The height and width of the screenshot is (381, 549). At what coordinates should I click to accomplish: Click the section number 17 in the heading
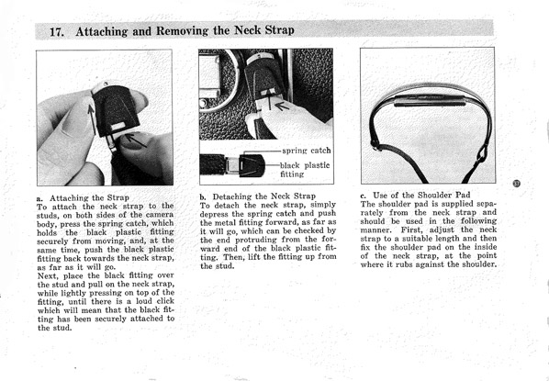(x=56, y=32)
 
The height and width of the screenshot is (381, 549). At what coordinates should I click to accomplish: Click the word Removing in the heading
(x=182, y=31)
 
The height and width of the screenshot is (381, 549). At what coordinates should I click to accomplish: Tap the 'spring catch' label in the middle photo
(x=306, y=151)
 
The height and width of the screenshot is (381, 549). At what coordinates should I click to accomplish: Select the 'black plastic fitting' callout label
(x=305, y=170)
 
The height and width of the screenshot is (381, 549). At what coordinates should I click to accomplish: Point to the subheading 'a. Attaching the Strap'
(x=83, y=198)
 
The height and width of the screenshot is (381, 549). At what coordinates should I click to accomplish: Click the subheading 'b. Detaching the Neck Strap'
(x=258, y=196)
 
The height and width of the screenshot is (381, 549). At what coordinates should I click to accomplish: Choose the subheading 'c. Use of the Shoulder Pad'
(x=415, y=195)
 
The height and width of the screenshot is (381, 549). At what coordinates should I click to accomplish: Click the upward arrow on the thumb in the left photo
(x=92, y=119)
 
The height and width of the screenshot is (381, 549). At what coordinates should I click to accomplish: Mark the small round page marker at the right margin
(x=517, y=183)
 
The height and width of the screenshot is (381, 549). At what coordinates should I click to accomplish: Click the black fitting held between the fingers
(x=116, y=110)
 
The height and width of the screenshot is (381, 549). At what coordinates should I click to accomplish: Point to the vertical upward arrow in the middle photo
(x=269, y=99)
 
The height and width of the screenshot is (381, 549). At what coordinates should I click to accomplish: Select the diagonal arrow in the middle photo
(x=282, y=106)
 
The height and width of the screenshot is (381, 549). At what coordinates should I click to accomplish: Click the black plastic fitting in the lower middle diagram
(x=252, y=165)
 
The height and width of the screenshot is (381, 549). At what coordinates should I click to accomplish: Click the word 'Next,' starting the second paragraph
(x=48, y=275)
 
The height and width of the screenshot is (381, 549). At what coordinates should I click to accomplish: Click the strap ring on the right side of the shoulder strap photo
(x=483, y=152)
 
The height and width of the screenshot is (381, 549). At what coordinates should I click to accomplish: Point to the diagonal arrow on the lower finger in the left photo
(x=135, y=140)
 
